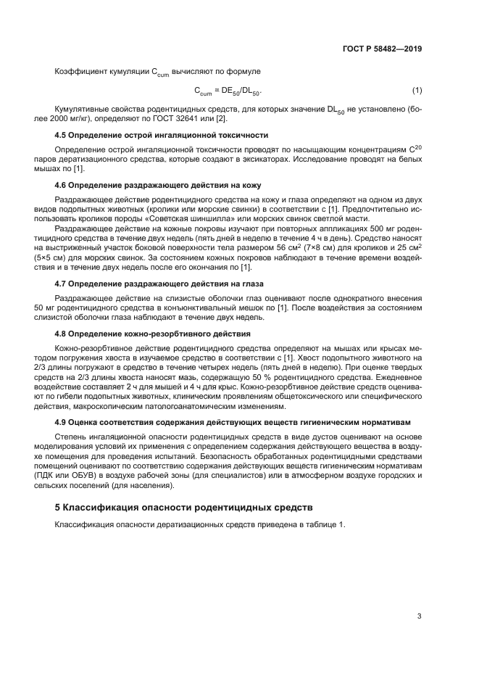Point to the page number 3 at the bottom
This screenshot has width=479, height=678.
(419, 616)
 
